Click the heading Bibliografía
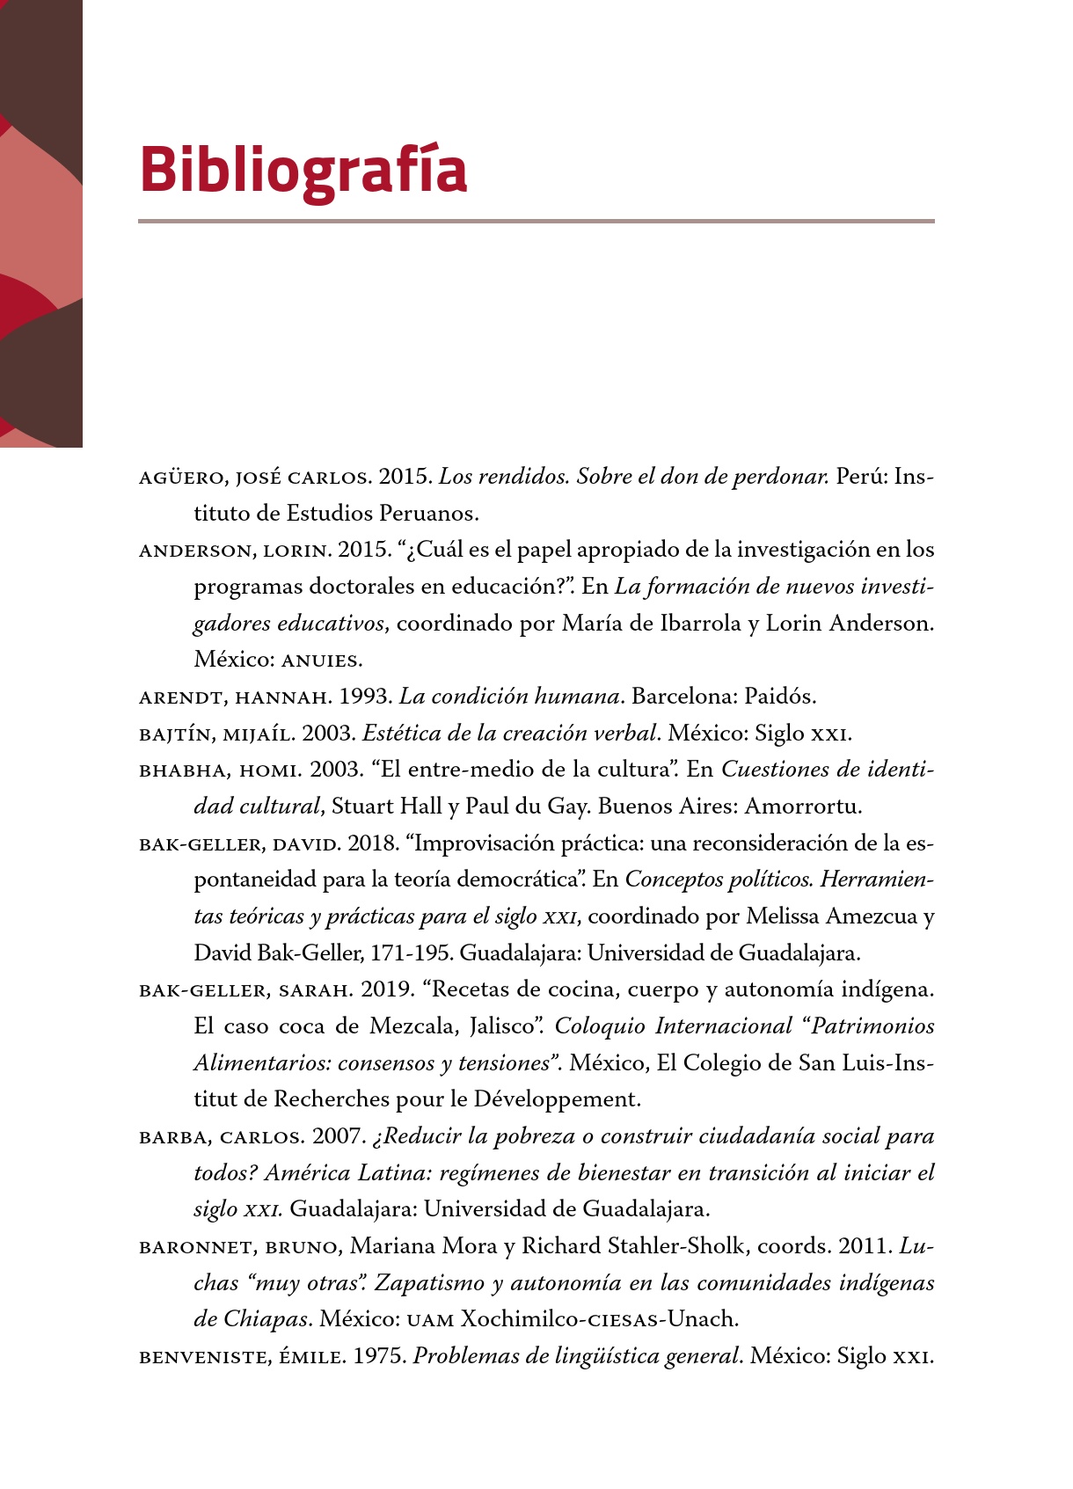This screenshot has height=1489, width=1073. point(303,171)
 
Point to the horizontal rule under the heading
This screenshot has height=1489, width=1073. point(536,221)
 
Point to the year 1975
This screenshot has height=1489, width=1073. point(380,1356)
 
